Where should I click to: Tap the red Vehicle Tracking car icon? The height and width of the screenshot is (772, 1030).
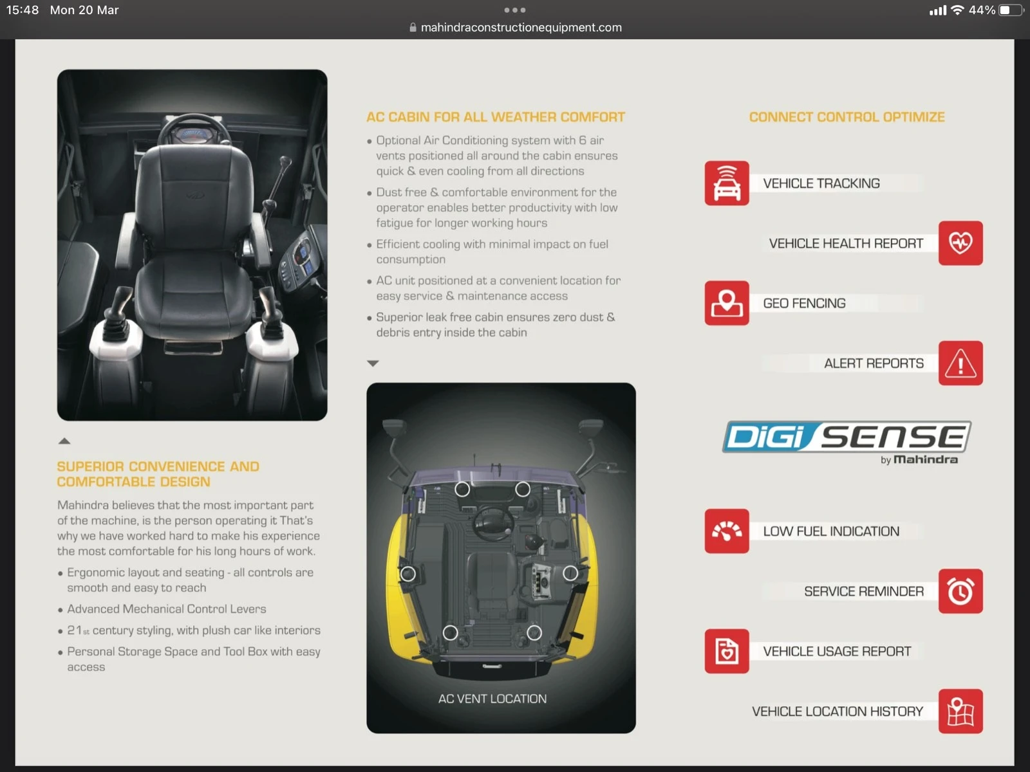coord(726,183)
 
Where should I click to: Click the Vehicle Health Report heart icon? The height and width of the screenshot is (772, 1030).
coord(960,243)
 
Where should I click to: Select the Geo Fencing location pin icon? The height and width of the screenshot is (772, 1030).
coord(726,303)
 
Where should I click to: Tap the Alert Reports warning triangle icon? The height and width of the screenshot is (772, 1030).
coord(960,363)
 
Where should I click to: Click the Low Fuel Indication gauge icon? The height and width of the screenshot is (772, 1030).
coord(726,531)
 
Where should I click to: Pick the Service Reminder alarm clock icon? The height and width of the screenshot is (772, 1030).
coord(960,591)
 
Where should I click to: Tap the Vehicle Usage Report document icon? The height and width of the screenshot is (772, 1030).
coord(726,650)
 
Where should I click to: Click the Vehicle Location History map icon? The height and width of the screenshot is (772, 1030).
coord(960,711)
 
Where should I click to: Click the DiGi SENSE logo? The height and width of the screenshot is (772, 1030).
coord(847,441)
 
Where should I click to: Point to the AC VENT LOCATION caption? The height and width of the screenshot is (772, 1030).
coord(492,699)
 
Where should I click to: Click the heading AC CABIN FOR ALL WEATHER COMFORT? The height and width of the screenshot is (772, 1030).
coord(496,116)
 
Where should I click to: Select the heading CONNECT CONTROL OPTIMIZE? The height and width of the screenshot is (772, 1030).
coord(847,116)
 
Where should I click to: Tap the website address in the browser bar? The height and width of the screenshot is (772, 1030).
coord(521,27)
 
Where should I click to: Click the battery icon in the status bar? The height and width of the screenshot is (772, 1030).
coord(1011,10)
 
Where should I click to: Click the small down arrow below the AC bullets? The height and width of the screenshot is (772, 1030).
coord(373,363)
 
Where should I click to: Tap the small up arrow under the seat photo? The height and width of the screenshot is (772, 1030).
coord(64,441)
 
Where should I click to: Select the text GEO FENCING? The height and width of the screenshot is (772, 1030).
coord(804,303)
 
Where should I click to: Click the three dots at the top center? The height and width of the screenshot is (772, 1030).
coord(515,10)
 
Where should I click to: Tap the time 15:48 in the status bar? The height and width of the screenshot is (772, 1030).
coord(23,10)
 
